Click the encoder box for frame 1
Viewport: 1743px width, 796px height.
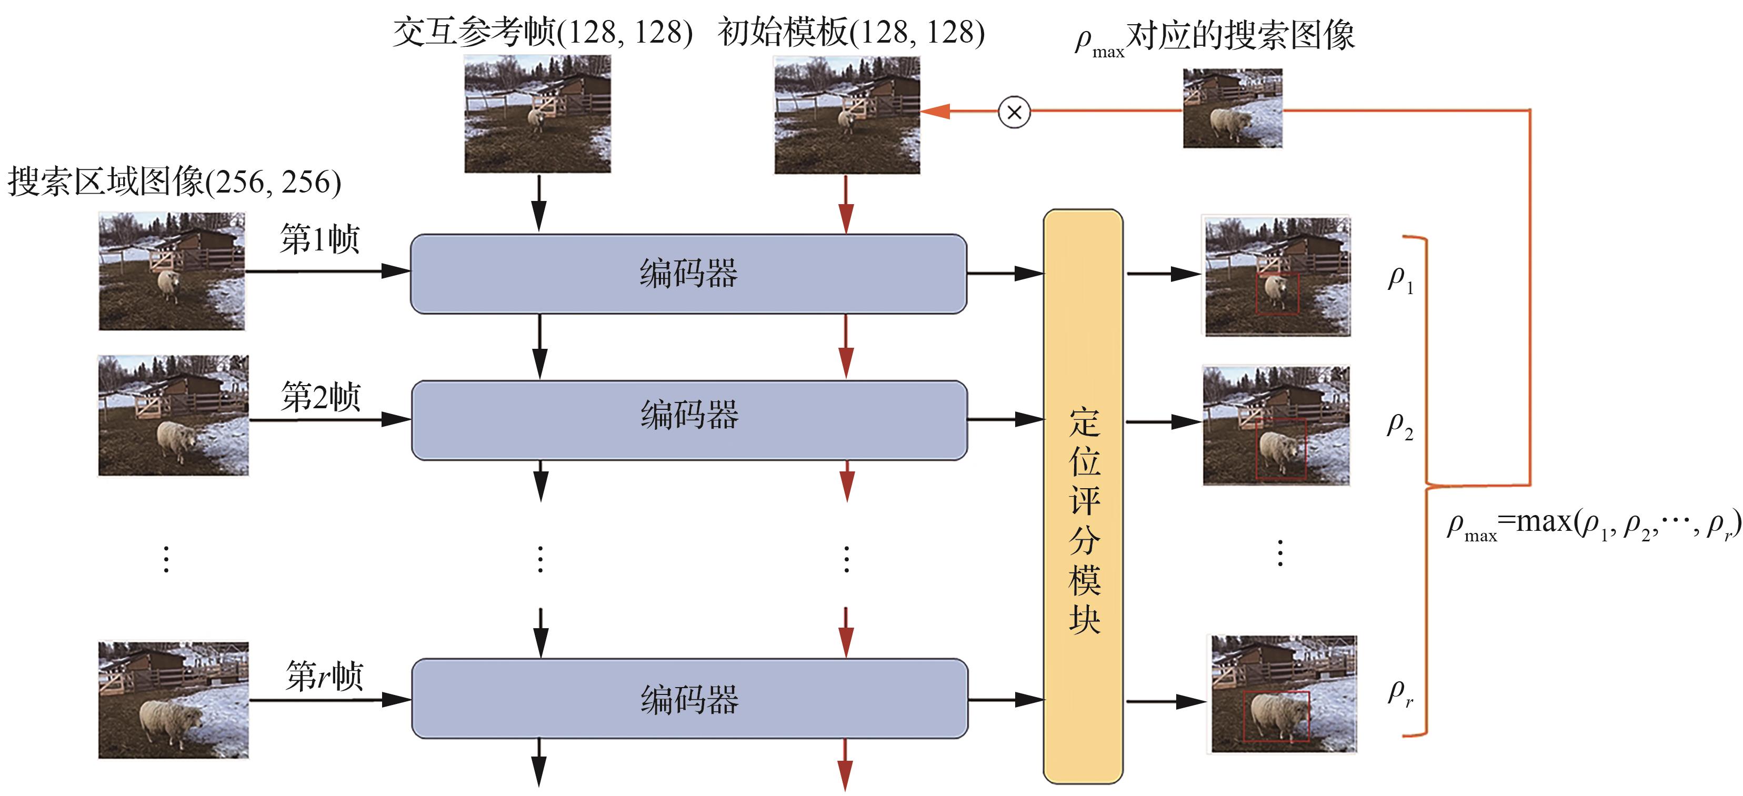[x=688, y=274]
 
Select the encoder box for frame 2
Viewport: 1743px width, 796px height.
[x=689, y=420]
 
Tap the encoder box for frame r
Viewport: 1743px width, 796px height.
[x=689, y=699]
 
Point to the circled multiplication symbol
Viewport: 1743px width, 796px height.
[x=1014, y=112]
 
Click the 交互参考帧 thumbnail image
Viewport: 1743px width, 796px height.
[x=537, y=114]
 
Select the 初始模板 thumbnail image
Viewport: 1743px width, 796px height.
[x=846, y=115]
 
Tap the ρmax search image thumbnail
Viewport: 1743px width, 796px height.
[x=1232, y=108]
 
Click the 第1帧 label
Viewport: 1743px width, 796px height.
[x=319, y=239]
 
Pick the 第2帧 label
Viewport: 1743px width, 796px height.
[x=320, y=396]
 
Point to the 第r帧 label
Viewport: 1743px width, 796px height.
[x=324, y=676]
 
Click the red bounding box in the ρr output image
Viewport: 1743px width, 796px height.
[x=1276, y=716]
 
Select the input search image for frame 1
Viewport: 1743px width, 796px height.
[x=172, y=271]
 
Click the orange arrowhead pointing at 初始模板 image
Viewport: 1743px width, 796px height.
[x=936, y=112]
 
